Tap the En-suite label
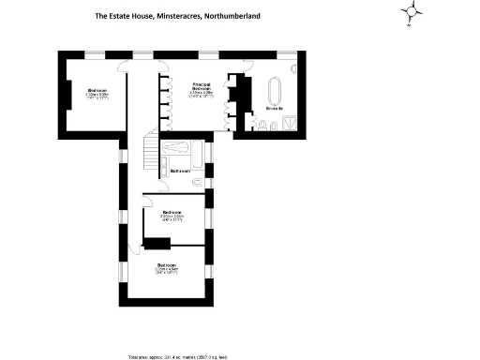tap(274, 109)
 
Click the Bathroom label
tap(181, 171)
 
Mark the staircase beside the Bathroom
tap(150, 149)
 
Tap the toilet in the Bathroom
tap(199, 180)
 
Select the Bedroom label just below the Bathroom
tap(171, 212)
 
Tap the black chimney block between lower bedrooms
tap(157, 245)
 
